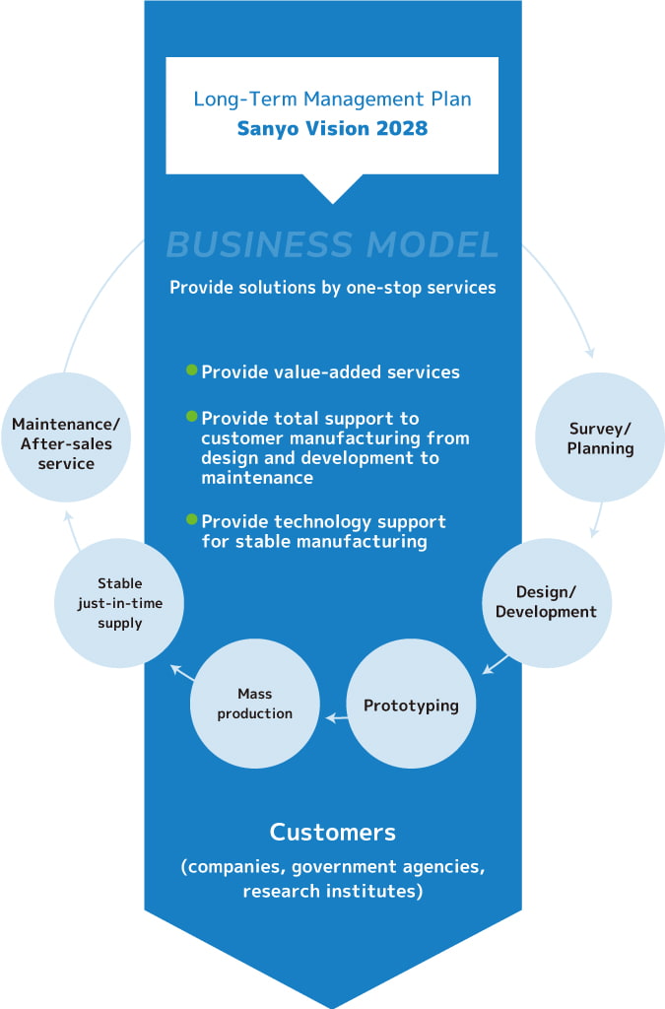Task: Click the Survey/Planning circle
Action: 600,437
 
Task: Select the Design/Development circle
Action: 546,601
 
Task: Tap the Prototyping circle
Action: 411,705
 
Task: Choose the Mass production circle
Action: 255,704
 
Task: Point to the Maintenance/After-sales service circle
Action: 65,437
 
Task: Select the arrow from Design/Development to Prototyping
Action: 496,665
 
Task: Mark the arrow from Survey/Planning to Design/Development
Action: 596,520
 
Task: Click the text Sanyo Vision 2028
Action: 332,128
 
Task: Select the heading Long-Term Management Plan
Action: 332,99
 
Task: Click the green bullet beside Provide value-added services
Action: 192,370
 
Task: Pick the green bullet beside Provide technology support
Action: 192,519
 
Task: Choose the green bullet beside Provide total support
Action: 192,416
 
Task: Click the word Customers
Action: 333,832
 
